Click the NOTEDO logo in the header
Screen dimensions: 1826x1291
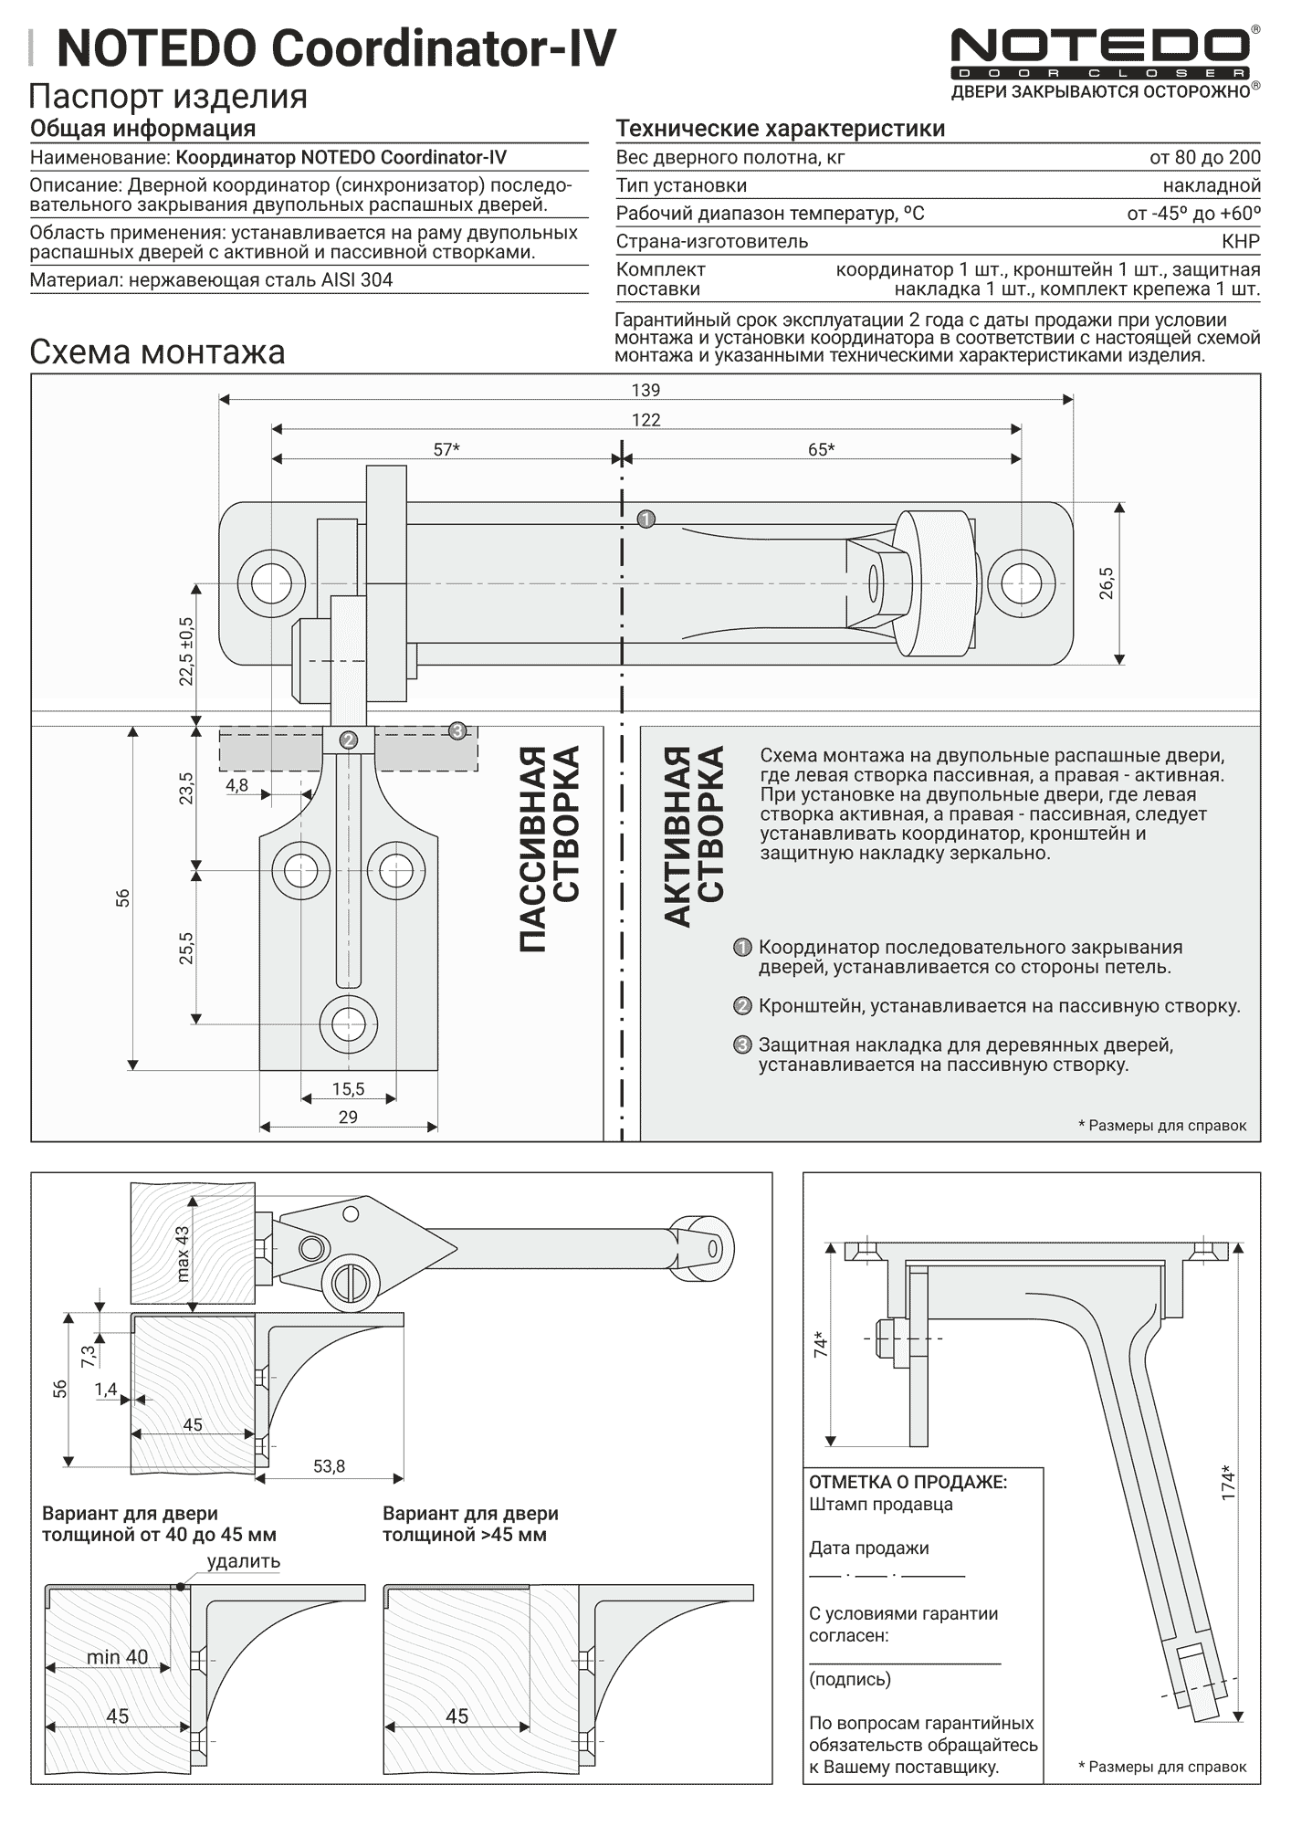pyautogui.click(x=1099, y=53)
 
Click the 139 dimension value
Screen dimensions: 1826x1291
pyautogui.click(x=645, y=390)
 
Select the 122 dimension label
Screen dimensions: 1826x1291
pyautogui.click(x=645, y=420)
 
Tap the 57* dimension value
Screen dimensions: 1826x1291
pyautogui.click(x=446, y=449)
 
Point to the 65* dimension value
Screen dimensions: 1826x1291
pyautogui.click(x=821, y=449)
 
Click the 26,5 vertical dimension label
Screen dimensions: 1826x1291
pyautogui.click(x=1107, y=582)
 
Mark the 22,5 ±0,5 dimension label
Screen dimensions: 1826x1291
pyautogui.click(x=186, y=651)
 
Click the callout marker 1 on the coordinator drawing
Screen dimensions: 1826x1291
pyautogui.click(x=646, y=519)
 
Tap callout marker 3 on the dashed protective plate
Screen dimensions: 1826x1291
pyautogui.click(x=457, y=730)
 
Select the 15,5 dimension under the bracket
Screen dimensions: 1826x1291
pyautogui.click(x=348, y=1088)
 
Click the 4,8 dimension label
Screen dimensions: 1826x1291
pyautogui.click(x=236, y=785)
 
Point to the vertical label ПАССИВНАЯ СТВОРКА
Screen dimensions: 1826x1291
pyautogui.click(x=550, y=849)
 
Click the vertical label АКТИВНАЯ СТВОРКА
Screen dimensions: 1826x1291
pyautogui.click(x=694, y=836)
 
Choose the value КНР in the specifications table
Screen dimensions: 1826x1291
pyautogui.click(x=1240, y=241)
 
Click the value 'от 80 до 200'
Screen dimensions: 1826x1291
pyautogui.click(x=1204, y=157)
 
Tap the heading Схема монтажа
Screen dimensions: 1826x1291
pyautogui.click(x=157, y=352)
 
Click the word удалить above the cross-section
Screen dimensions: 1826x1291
pyautogui.click(x=243, y=1561)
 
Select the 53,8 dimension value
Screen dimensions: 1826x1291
pyautogui.click(x=329, y=1466)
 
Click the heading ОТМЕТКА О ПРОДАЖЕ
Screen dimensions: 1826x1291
pyautogui.click(x=908, y=1482)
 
